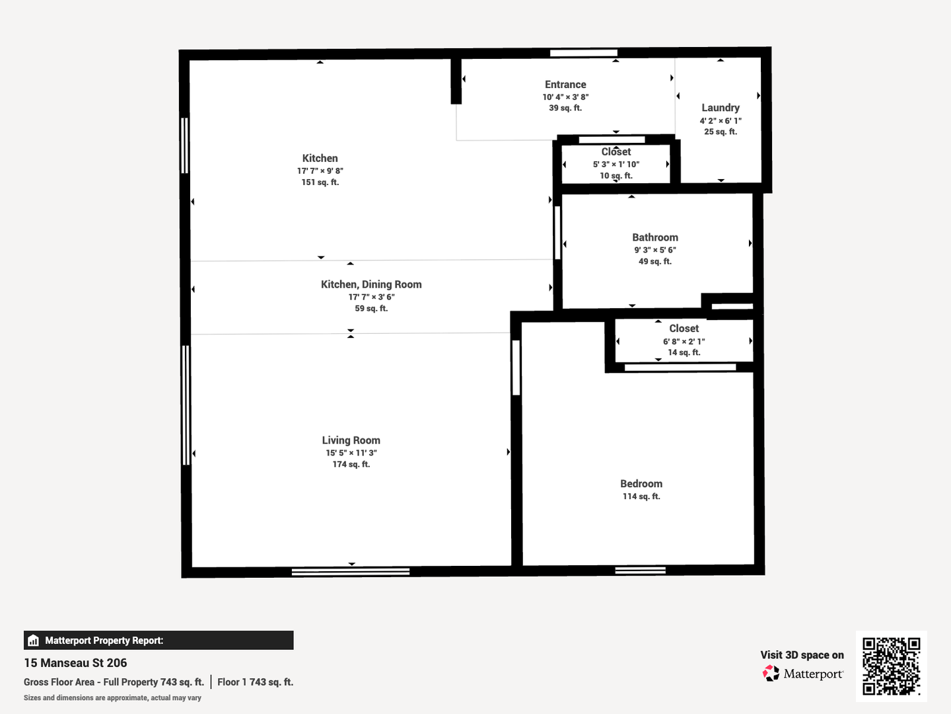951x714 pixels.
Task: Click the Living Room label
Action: tap(351, 440)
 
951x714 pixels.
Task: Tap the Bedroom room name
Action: tap(641, 483)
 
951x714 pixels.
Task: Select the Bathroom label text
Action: tap(655, 237)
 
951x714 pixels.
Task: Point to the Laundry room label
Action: tap(721, 108)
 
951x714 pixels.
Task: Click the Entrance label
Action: tap(565, 84)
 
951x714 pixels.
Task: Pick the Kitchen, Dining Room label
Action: tap(371, 284)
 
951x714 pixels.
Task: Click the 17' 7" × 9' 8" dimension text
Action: tap(320, 171)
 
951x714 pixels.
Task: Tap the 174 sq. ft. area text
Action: tap(351, 464)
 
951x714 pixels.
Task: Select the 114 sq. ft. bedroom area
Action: tap(641, 496)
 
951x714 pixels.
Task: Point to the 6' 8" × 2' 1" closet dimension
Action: tap(684, 341)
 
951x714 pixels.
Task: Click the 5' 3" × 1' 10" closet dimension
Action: tap(616, 165)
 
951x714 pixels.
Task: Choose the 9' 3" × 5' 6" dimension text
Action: tap(655, 250)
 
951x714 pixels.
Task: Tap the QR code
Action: tap(891, 666)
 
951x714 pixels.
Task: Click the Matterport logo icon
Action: tap(771, 673)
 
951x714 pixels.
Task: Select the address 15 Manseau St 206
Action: tap(75, 663)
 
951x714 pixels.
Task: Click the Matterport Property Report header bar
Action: tap(158, 641)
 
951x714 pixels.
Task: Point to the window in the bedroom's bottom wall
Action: tap(641, 571)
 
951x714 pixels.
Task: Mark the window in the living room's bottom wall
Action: tap(351, 572)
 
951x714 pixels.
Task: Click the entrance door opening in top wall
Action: tap(584, 53)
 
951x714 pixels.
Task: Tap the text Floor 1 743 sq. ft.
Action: tap(255, 682)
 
